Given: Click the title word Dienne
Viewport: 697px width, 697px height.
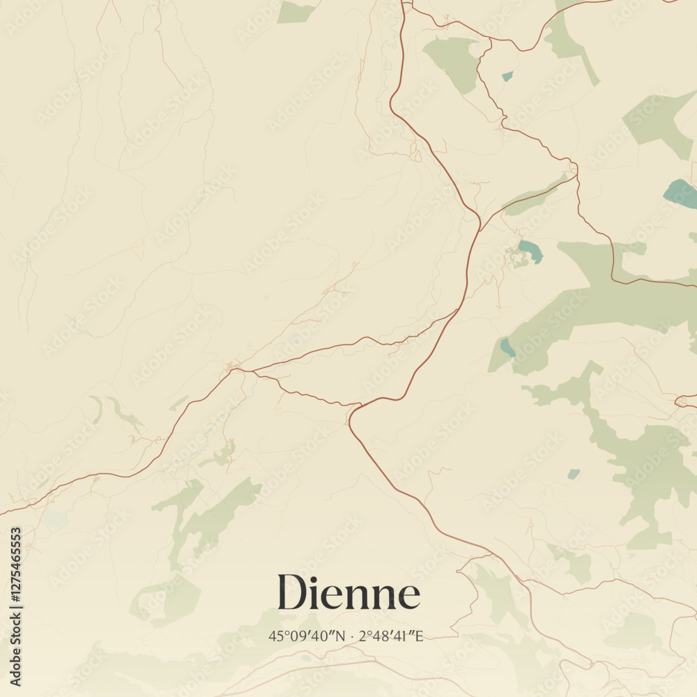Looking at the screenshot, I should coord(348,593).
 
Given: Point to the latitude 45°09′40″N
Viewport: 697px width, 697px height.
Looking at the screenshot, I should coord(307,636).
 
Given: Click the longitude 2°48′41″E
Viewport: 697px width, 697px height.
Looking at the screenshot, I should coord(391,636).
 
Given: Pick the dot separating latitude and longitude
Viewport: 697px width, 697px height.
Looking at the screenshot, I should coord(353,636).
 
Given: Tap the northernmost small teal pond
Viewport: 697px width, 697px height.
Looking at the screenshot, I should coord(507,76).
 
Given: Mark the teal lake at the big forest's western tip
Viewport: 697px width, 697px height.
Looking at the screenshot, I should coord(507,346).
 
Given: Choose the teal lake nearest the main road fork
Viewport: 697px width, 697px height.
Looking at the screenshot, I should coord(530,250).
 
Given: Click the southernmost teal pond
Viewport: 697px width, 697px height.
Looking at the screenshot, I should coord(573,474).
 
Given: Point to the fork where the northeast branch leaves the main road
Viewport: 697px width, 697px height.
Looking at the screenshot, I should coord(480,227).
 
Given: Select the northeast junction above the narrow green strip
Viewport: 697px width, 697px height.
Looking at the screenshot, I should coord(575,171).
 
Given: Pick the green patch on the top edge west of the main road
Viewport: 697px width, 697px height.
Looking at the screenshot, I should coord(296,11).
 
